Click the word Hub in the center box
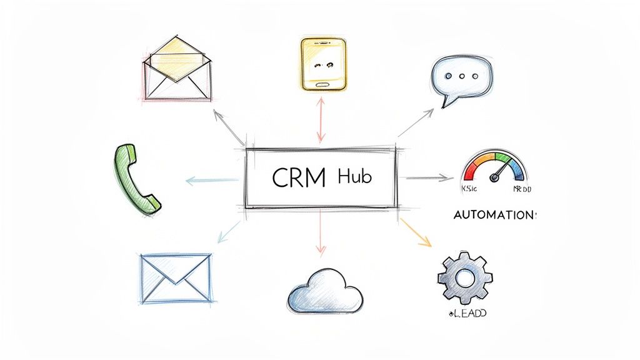354,177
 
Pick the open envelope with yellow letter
177,69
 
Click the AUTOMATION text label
493,214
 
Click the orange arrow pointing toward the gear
415,231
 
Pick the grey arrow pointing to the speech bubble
416,122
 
